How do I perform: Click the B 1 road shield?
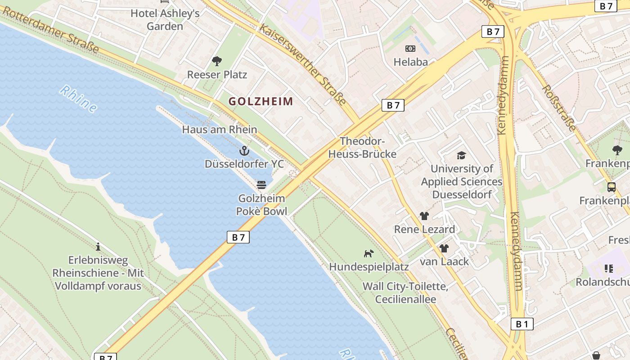point(522,324)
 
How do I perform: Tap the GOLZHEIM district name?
point(261,101)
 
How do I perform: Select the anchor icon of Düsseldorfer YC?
point(244,150)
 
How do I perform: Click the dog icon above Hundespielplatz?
point(369,253)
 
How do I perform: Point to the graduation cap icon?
point(461,155)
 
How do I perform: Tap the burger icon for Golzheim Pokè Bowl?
point(261,184)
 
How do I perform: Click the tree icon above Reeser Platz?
point(217,61)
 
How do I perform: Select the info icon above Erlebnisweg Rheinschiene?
point(98,247)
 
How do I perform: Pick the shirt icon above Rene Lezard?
point(424,216)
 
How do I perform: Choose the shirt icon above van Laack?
point(444,248)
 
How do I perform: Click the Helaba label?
point(410,62)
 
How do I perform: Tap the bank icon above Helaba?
point(410,49)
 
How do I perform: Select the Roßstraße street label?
point(559,108)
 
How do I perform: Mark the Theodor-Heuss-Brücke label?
point(362,148)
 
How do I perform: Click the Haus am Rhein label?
point(220,130)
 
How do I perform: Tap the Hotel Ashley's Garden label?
point(165,19)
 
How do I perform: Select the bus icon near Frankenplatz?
point(611,187)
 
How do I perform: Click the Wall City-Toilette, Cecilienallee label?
point(405,292)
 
